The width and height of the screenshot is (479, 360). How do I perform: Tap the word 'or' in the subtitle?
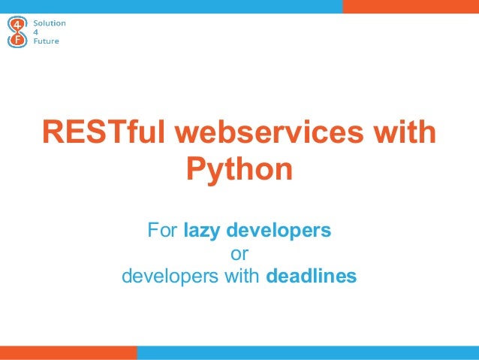pos(239,253)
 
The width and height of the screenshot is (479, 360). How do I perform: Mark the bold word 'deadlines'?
pos(312,277)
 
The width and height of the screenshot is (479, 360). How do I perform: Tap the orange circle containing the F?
pos(17,41)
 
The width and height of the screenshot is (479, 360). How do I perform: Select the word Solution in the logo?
pos(52,23)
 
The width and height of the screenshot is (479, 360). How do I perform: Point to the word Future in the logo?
pos(48,41)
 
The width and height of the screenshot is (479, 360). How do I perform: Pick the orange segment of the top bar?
pos(411,6)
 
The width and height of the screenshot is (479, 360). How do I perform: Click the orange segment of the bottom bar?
pos(68,352)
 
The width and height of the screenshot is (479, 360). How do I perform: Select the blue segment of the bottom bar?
pos(308,352)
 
